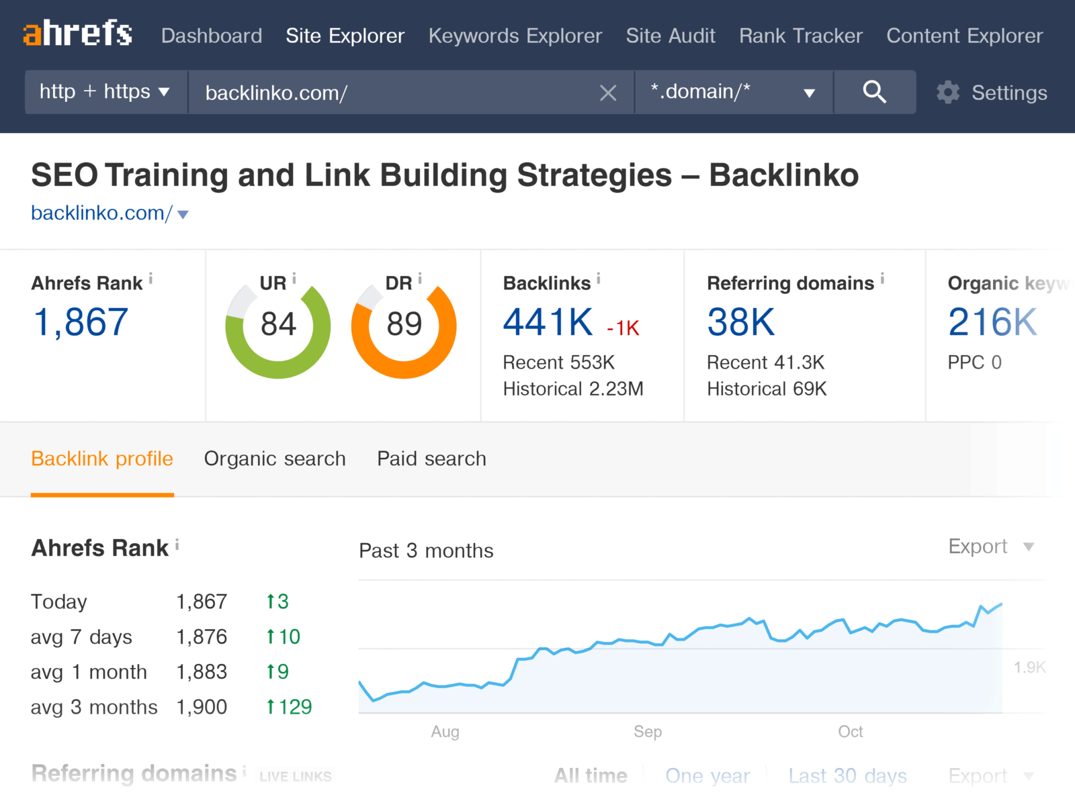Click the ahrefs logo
(x=77, y=33)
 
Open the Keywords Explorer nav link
(x=515, y=36)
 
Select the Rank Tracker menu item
(x=800, y=36)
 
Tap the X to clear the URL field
(x=607, y=93)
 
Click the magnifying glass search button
(x=874, y=92)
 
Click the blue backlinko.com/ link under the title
(x=102, y=213)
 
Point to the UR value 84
(x=278, y=324)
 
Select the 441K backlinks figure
(x=548, y=322)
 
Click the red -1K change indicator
(x=623, y=328)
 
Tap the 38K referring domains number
(x=740, y=322)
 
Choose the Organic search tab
(x=274, y=459)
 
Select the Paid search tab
(x=431, y=459)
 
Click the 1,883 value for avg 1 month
(x=202, y=672)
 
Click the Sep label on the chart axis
(x=648, y=731)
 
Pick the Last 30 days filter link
(x=847, y=776)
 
